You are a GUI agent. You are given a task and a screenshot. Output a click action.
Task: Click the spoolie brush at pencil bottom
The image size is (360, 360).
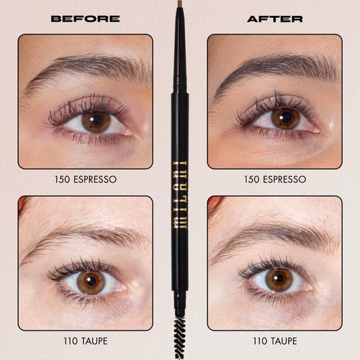click(x=180, y=338)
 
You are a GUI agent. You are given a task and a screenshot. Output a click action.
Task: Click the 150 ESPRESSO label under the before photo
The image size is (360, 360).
click(x=85, y=179)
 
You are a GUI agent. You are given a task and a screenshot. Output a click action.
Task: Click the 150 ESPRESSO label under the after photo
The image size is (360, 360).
click(x=274, y=179)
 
